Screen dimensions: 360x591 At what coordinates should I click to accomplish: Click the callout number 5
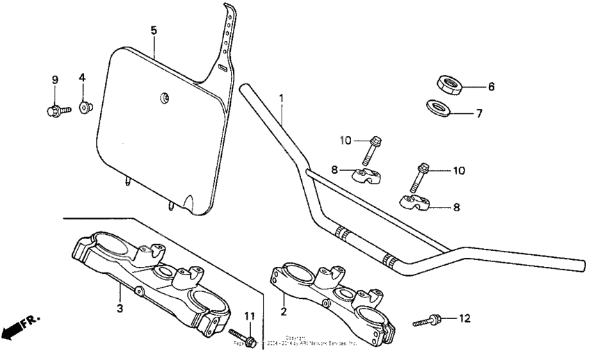[154, 30]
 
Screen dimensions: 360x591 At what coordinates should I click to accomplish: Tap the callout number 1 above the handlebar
[282, 99]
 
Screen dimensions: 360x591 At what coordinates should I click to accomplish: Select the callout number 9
[54, 80]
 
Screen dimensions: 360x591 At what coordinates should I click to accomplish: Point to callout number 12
[465, 319]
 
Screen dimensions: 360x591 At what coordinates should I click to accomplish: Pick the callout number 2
[284, 313]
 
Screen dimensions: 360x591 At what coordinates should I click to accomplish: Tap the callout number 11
[250, 317]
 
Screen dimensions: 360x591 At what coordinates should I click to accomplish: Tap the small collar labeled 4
[85, 107]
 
